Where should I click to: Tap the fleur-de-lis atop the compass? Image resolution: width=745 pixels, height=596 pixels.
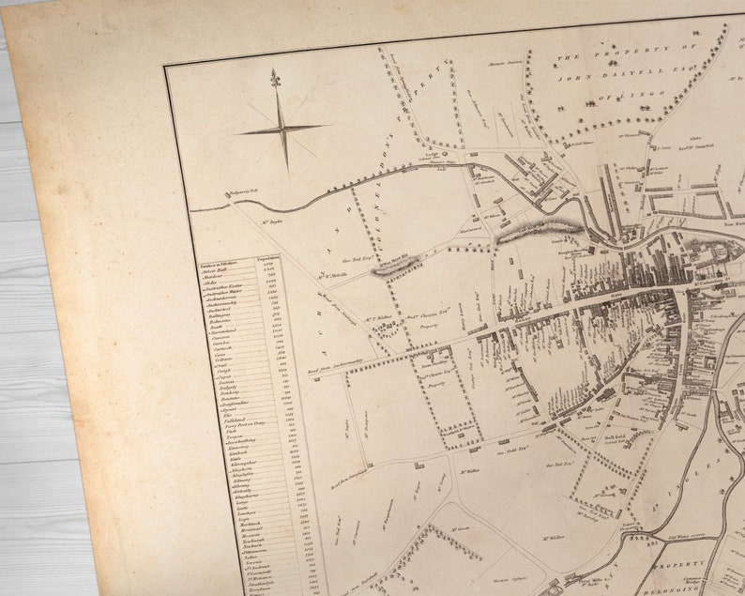click(x=276, y=78)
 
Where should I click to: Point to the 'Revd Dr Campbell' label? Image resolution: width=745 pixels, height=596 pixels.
click(x=698, y=147)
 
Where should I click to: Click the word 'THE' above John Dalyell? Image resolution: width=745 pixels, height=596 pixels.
click(x=568, y=58)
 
